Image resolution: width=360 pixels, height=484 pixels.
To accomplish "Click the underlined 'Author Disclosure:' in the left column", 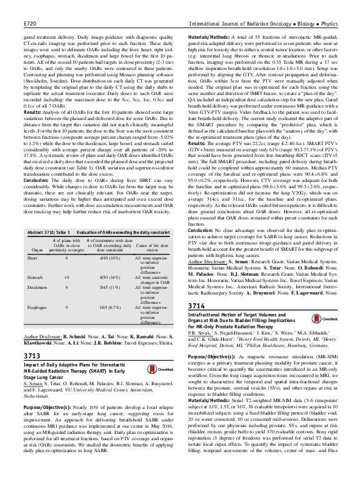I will pos(42,336).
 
